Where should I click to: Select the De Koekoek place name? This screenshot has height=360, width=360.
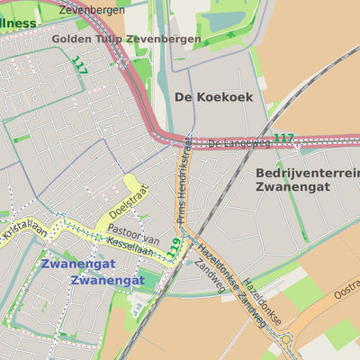pos(213,96)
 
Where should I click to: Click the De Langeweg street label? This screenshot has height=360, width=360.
pos(238,143)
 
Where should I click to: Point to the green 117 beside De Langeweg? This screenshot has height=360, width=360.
pos(283,138)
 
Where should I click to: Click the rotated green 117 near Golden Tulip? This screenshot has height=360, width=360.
pos(80,65)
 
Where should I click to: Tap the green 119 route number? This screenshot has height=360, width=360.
pos(175,247)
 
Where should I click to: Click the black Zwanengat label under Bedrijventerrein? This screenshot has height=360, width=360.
pos(292,186)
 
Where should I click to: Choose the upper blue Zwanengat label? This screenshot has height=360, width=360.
pos(77,264)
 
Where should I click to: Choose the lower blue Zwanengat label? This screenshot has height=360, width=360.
pos(107,280)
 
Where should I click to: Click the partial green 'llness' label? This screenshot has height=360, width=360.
pos(18,22)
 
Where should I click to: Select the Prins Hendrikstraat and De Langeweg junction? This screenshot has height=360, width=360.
pos(186,142)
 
